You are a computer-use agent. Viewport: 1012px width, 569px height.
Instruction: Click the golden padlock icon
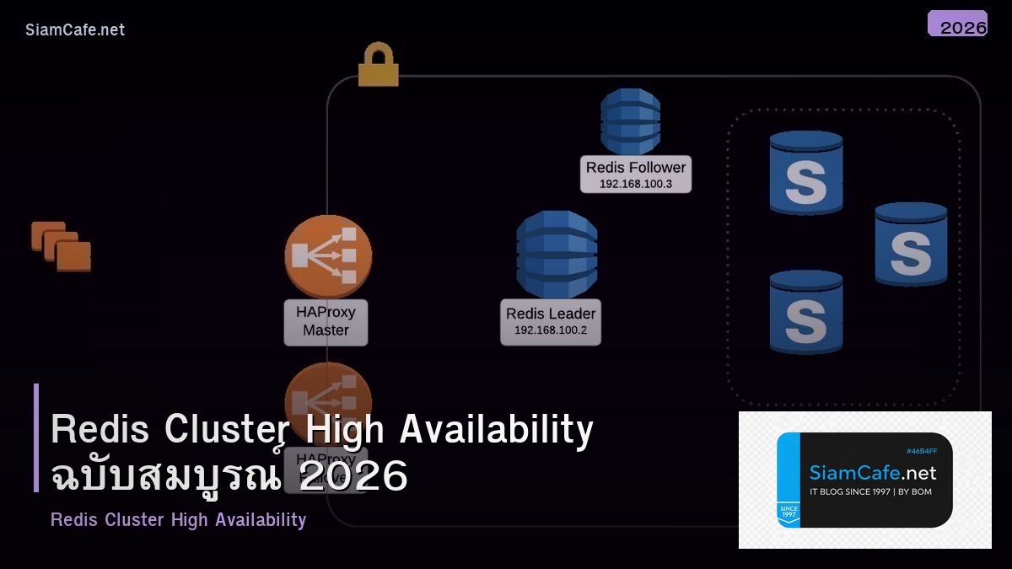tap(378, 67)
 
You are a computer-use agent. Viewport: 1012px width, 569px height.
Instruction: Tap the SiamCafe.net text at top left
tap(75, 30)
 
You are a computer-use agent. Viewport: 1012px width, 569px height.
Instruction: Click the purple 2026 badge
tap(958, 24)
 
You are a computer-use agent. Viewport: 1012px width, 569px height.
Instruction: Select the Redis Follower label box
tap(636, 174)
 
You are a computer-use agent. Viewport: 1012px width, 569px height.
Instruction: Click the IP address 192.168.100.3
tap(636, 184)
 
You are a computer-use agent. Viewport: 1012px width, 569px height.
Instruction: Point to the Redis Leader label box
tap(551, 321)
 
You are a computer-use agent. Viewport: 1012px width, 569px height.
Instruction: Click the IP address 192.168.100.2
tap(551, 330)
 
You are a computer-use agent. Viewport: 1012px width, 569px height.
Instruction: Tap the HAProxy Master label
tap(326, 321)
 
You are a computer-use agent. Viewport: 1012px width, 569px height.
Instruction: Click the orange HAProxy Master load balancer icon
tap(327, 256)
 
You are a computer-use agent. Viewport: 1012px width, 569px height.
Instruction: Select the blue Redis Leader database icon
tap(557, 254)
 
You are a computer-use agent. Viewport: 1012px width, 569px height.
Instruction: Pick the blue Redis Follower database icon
tap(630, 121)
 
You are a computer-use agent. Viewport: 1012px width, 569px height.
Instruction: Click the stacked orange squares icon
tap(62, 246)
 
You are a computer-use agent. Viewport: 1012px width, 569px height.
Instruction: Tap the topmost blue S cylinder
tap(805, 173)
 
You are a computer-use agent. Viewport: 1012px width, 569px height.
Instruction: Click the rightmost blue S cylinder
tap(911, 244)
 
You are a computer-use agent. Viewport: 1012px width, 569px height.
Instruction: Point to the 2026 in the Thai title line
tap(353, 476)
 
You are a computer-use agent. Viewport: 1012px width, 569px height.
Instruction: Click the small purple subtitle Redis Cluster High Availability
tap(178, 519)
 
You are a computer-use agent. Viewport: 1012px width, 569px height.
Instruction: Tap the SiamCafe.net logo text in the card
tap(873, 472)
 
